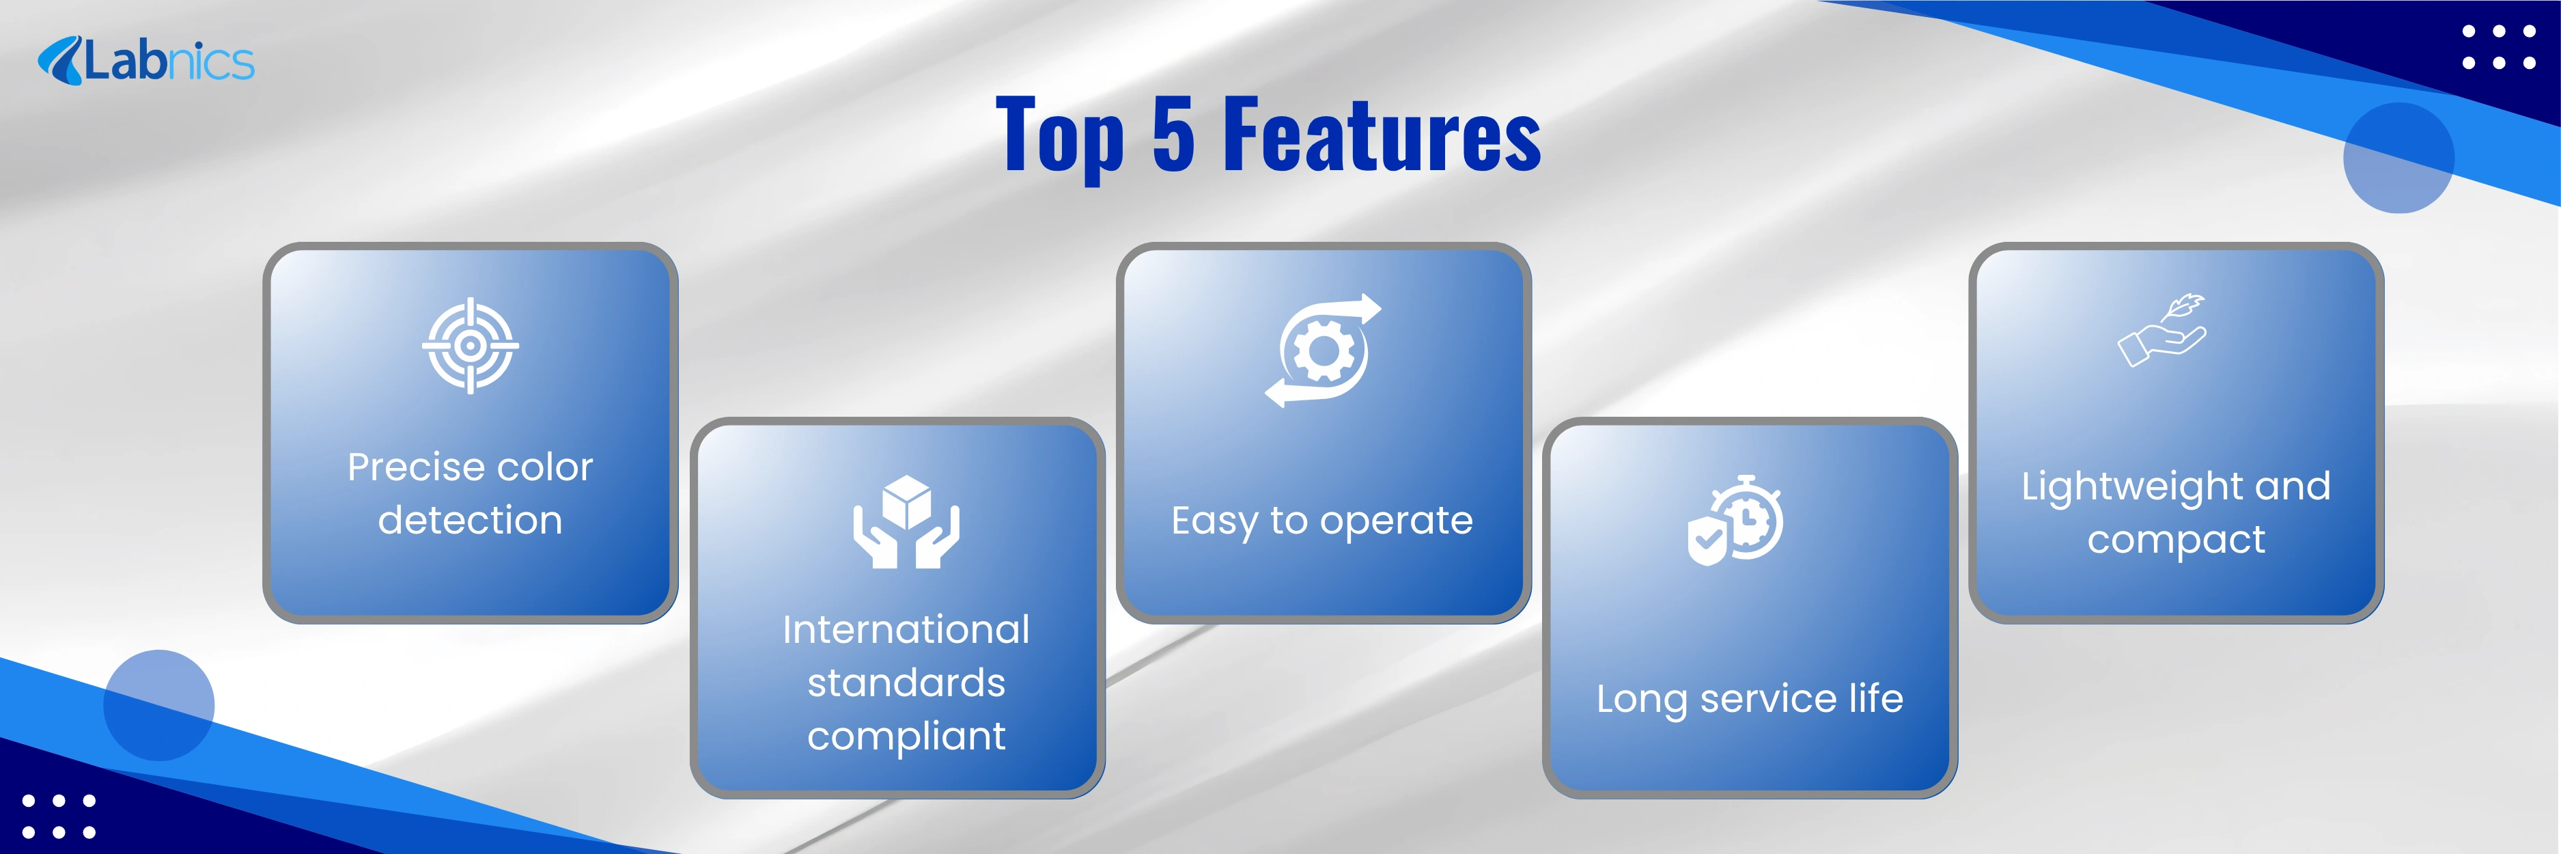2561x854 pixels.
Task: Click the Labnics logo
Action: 146,61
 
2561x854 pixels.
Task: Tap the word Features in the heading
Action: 1382,133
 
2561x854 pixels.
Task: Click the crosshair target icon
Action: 471,346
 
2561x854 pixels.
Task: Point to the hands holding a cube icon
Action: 906,521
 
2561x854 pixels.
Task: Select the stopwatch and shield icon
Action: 1735,520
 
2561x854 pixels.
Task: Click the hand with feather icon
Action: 2162,330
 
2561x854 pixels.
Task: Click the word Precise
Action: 415,467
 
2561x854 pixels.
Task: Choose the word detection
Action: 471,520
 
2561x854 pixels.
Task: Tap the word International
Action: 906,629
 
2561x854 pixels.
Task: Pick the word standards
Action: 906,683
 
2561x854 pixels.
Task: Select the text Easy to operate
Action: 1322,521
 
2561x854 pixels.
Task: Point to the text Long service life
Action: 1750,699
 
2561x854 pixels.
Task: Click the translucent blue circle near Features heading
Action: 2398,158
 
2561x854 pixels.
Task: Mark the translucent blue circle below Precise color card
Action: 159,705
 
